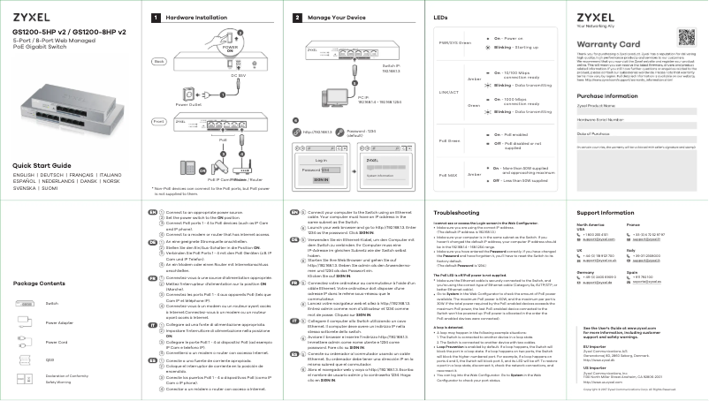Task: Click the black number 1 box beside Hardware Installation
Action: pos(156,17)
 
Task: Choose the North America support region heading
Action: pos(595,225)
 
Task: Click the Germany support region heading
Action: pos(585,274)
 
